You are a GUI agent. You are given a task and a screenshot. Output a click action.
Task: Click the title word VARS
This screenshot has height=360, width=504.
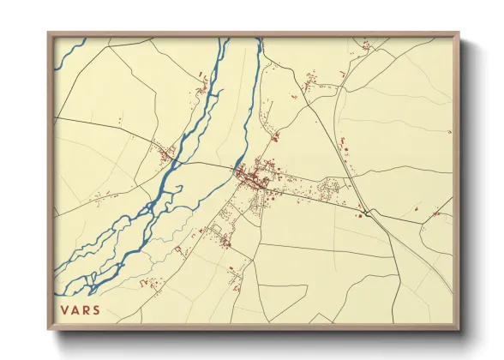point(80,309)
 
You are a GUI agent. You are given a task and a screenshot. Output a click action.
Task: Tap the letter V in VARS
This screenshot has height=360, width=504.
point(64,309)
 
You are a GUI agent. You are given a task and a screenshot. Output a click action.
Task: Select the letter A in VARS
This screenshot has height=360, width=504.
point(75,309)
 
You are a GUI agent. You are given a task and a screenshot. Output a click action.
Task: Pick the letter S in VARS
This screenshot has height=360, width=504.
point(96,309)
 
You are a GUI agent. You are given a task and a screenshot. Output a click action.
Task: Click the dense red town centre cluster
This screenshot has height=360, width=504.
point(254,178)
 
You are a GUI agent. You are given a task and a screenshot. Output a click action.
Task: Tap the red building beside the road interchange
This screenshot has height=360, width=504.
point(360,216)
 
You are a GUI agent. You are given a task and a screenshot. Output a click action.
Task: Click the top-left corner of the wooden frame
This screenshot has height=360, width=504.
point(49,34)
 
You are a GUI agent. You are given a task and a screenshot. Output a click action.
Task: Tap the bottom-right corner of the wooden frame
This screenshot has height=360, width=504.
point(459,328)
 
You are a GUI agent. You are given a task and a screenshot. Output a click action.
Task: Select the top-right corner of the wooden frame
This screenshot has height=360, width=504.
point(459,34)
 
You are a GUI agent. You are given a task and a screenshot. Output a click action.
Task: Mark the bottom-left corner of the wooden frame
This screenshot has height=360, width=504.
point(49,328)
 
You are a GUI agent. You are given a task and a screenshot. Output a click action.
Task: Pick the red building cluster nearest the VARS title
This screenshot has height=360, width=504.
point(152,284)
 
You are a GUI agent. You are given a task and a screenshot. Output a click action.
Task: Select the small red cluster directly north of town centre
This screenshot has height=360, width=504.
point(275,135)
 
